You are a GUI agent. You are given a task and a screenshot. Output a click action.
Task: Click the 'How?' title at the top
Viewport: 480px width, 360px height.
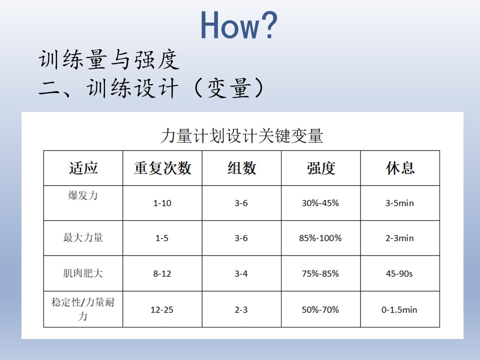click(x=239, y=25)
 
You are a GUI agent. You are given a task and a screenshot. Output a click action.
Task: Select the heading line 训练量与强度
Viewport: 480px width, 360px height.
click(x=109, y=59)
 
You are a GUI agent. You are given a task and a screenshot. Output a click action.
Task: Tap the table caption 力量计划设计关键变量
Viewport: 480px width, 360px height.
click(x=242, y=135)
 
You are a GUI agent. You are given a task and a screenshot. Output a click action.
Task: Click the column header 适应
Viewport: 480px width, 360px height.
click(x=83, y=168)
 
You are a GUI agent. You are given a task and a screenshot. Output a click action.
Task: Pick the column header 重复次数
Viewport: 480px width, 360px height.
click(x=162, y=168)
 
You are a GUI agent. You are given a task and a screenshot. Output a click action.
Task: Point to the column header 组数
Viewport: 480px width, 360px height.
click(x=241, y=168)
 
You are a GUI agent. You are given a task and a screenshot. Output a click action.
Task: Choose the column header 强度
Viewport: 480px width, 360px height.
click(x=321, y=168)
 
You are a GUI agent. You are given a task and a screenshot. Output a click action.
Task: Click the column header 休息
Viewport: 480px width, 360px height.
click(x=400, y=168)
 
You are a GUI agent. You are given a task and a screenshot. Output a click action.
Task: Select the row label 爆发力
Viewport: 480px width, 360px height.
click(x=83, y=195)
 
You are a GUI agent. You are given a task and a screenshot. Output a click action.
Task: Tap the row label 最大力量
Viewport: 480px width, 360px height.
click(x=83, y=237)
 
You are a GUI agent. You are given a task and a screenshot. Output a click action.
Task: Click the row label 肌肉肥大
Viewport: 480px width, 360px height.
click(x=83, y=273)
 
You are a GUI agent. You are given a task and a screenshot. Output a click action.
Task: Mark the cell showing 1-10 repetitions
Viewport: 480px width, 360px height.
click(x=162, y=203)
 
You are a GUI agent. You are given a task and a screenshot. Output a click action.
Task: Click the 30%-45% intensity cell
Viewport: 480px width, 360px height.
click(x=320, y=203)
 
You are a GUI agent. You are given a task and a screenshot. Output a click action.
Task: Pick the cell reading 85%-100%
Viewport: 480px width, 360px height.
click(x=320, y=238)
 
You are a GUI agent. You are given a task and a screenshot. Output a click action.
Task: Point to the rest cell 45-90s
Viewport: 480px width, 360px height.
click(x=399, y=273)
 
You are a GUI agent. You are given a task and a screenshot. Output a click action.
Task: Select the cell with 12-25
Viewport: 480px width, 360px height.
click(x=162, y=310)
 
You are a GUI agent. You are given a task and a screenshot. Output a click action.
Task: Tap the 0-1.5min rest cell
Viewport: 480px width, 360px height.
click(x=399, y=310)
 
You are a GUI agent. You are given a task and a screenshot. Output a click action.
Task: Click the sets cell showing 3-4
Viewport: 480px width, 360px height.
click(x=241, y=273)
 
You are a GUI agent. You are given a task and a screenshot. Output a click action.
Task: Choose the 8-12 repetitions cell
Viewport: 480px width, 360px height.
click(x=162, y=273)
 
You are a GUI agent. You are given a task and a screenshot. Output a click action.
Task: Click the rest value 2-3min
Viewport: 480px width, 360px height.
click(x=400, y=238)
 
